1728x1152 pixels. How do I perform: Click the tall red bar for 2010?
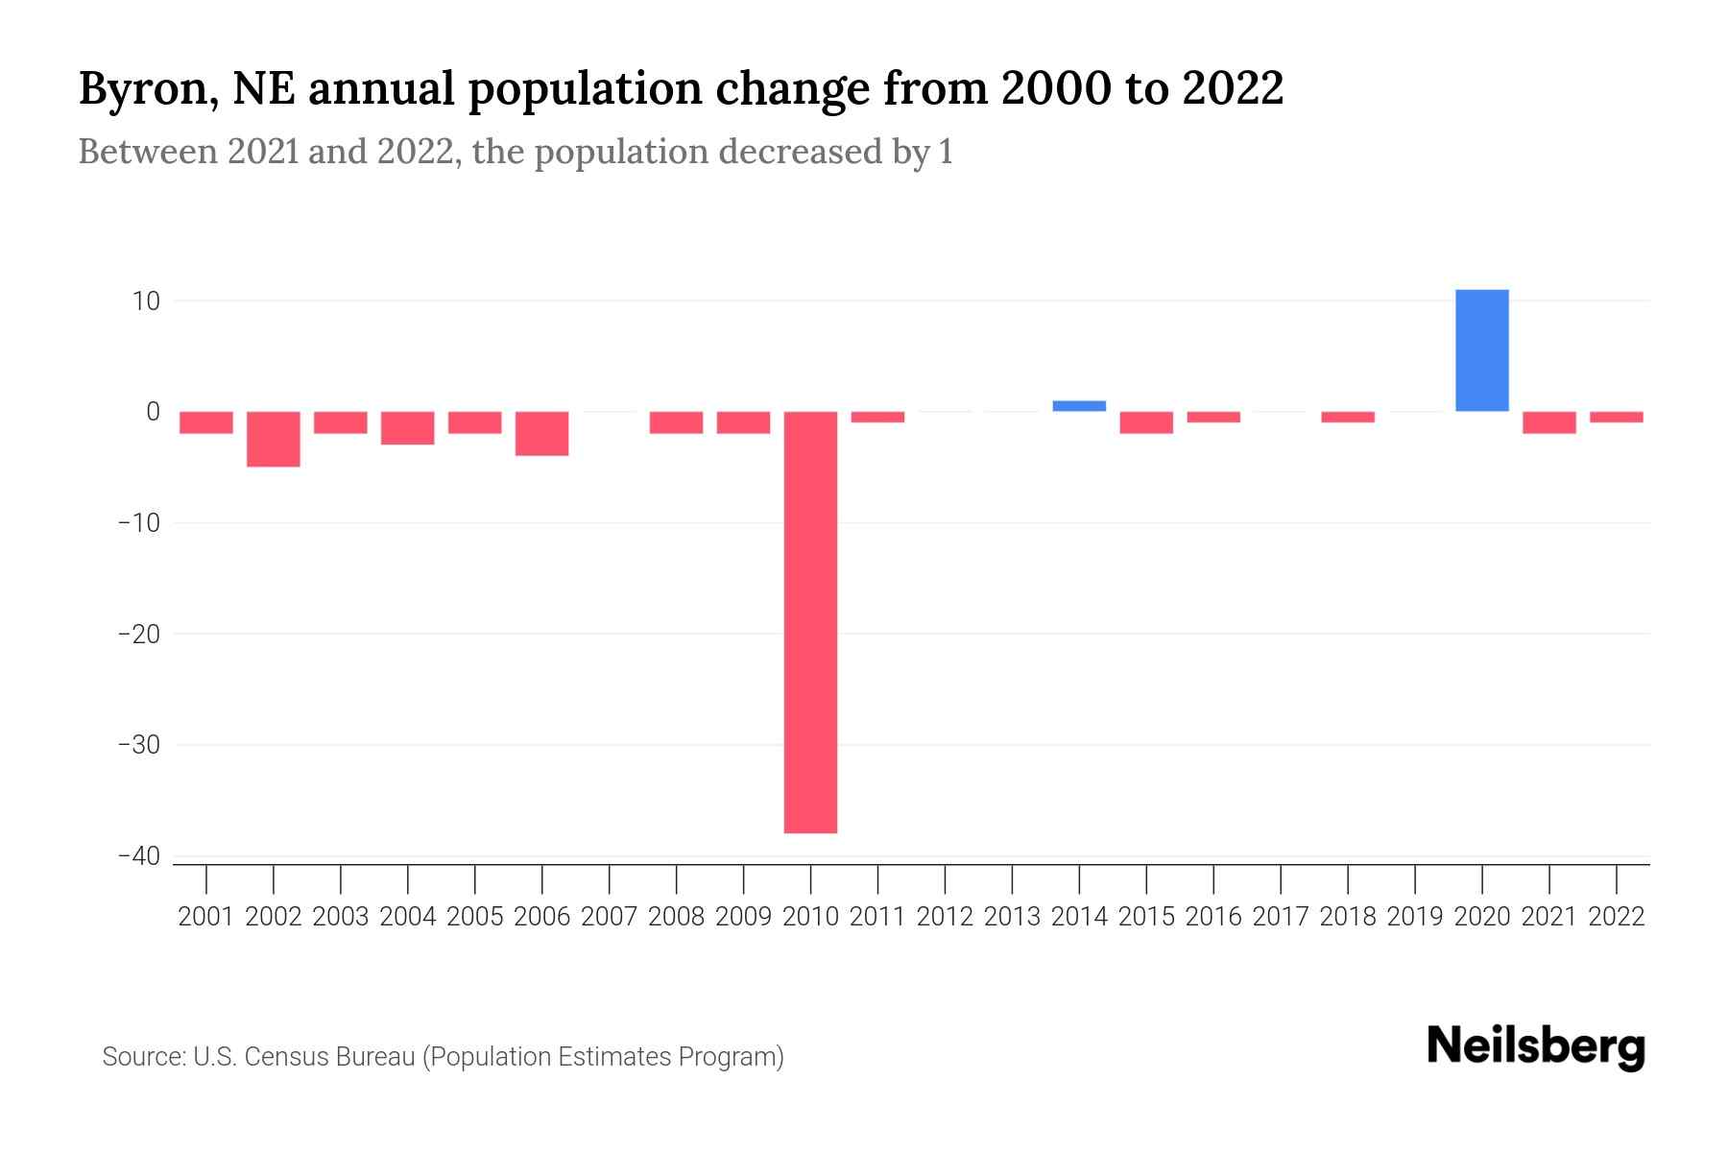click(810, 622)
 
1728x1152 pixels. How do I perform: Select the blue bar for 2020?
click(1481, 350)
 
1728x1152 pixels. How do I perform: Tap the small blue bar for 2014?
click(1079, 406)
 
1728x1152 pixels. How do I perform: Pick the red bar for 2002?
click(274, 439)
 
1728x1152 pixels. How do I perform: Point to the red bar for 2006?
click(542, 433)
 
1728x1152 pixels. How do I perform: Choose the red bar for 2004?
click(408, 428)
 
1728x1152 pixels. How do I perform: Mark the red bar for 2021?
click(1548, 422)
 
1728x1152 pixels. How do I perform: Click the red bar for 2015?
click(1146, 422)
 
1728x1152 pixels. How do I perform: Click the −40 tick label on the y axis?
click(138, 856)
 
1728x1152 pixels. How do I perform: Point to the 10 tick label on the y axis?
click(146, 301)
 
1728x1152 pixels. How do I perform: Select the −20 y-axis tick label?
click(138, 635)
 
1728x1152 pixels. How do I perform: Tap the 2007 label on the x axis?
click(609, 917)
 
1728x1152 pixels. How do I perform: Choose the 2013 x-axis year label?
click(1012, 917)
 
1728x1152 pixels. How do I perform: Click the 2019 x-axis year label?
click(1414, 917)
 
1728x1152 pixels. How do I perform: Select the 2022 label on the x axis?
click(1616, 917)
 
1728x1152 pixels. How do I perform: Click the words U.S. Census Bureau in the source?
click(304, 1057)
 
